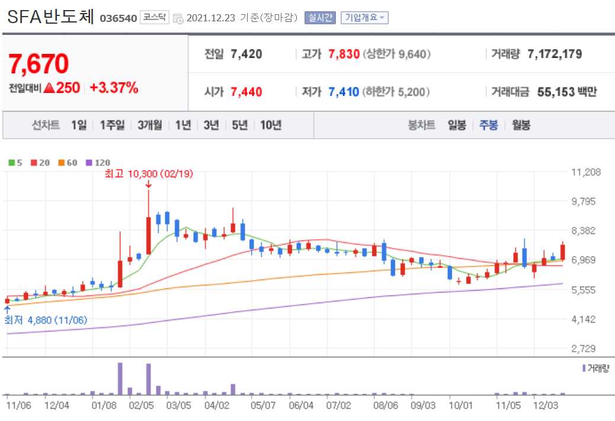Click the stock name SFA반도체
click(50, 17)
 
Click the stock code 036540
click(118, 18)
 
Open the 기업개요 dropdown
click(364, 18)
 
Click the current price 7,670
click(39, 63)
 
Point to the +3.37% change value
click(114, 88)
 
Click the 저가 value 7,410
click(344, 92)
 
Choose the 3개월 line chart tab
click(149, 125)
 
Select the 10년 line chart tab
click(271, 125)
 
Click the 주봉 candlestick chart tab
click(489, 125)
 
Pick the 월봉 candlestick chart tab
click(521, 125)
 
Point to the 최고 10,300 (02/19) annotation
click(148, 173)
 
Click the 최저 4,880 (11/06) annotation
click(46, 320)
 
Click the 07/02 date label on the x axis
click(338, 406)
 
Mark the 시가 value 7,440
click(246, 92)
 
